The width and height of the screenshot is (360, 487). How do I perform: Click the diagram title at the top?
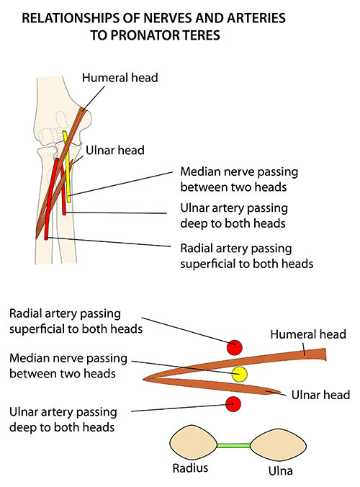(x=180, y=26)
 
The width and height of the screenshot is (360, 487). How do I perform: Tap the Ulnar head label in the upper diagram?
(x=115, y=151)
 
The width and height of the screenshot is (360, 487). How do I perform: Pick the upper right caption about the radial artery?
(x=246, y=256)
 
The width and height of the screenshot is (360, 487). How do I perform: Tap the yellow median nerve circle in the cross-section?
(x=240, y=374)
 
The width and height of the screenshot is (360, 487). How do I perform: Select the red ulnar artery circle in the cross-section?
(x=233, y=403)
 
